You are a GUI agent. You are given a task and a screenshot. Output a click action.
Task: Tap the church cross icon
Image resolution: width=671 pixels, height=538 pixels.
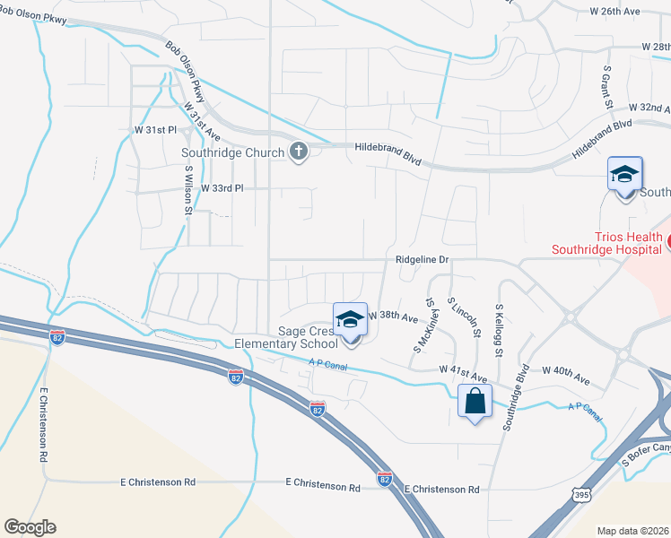click(299, 152)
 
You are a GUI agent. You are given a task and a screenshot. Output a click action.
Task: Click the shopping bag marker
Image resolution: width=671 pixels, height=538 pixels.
click(475, 402)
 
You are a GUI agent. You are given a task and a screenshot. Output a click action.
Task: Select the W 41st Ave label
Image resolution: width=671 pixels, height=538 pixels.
click(463, 369)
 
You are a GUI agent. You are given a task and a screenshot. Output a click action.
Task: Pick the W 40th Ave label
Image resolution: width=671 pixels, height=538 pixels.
click(565, 369)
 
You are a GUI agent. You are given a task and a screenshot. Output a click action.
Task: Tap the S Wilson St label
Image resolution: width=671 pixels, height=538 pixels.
click(188, 189)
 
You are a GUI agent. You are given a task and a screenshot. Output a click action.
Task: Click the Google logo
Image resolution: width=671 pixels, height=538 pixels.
click(30, 527)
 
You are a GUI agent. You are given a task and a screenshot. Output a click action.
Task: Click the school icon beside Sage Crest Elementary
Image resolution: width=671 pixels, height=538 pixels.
click(350, 320)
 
